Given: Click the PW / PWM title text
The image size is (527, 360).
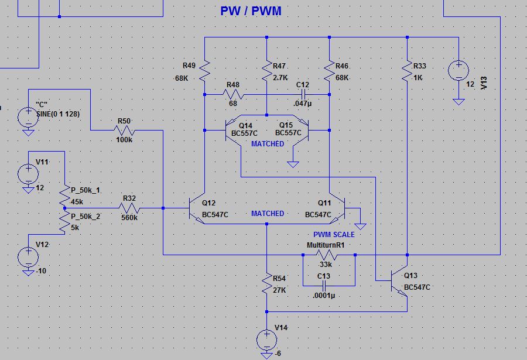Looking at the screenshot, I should tap(251, 11).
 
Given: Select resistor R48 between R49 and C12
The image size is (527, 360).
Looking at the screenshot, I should tap(233, 94).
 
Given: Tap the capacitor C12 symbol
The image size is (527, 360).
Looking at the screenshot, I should tap(303, 94).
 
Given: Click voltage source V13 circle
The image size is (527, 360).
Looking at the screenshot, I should tap(458, 71).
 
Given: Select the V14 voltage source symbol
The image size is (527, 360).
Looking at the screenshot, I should tap(266, 340).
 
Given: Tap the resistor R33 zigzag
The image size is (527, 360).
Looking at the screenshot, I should tap(407, 71).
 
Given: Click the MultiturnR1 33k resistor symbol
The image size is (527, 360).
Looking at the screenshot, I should tap(327, 255).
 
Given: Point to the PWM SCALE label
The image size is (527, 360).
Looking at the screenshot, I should tap(334, 235).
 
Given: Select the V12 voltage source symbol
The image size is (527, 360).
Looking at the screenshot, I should tap(28, 257).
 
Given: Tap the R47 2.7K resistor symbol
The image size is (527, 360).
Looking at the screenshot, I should tap(266, 71).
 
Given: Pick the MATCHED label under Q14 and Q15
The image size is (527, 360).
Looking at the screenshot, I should tap(268, 144).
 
